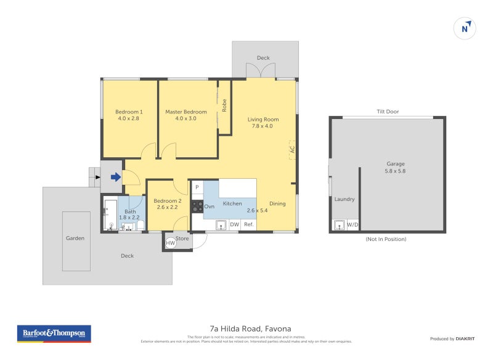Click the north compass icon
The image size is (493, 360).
coord(465,27)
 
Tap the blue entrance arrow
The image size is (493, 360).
coord(115,178)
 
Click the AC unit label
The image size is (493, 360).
coord(292,149)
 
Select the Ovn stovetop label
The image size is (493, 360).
coord(210,207)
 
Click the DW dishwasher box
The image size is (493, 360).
coord(234,225)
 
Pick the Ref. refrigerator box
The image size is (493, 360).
coord(249,225)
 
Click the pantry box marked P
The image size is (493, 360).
coord(197,187)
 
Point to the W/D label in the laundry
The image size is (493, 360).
coord(352,225)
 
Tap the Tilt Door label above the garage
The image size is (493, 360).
coord(388,112)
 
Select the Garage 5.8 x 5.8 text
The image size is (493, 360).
coord(388,167)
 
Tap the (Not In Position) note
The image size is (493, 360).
coord(386,239)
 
